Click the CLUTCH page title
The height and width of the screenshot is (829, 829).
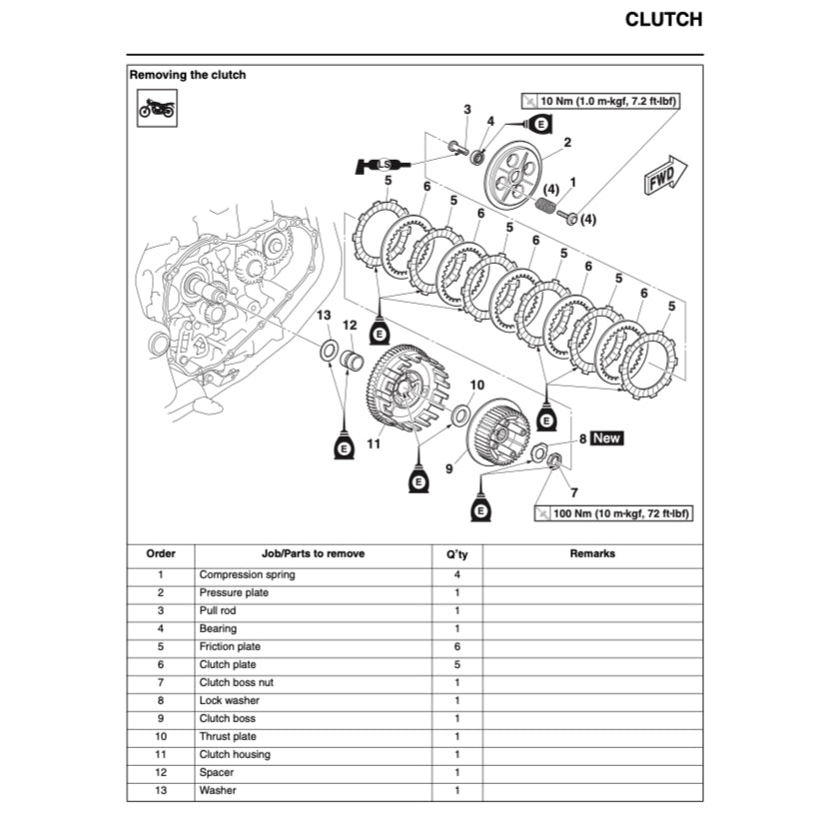click(663, 20)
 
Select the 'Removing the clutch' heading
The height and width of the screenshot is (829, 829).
click(188, 75)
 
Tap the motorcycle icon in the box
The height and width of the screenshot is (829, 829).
click(156, 107)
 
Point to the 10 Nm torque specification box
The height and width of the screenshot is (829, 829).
click(607, 101)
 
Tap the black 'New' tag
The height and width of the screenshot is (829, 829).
click(606, 438)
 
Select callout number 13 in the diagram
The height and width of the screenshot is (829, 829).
click(324, 316)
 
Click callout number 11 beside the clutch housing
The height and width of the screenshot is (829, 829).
click(374, 444)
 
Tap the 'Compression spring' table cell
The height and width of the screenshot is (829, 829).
click(247, 575)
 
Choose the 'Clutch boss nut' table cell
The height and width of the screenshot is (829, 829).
click(237, 683)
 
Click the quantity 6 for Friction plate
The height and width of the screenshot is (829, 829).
click(457, 647)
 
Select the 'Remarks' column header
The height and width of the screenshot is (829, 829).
click(592, 553)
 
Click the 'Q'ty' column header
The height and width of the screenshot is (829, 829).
click(457, 553)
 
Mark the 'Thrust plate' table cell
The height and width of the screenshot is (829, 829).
click(228, 737)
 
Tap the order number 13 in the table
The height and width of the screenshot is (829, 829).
click(160, 791)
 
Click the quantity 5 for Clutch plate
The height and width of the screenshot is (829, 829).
click(457, 665)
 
